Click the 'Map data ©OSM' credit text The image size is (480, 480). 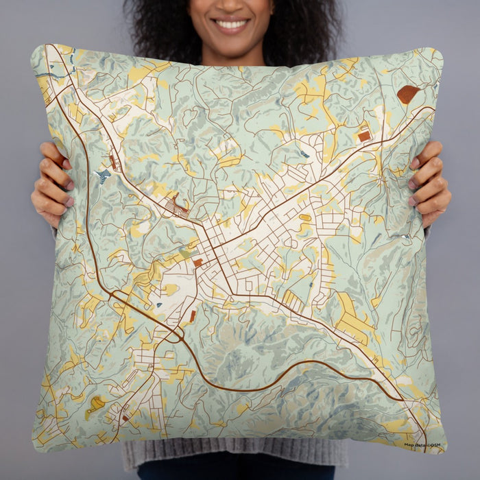[x=423, y=445]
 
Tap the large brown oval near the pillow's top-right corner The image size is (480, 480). [x=407, y=94]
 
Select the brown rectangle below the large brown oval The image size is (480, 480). [x=364, y=136]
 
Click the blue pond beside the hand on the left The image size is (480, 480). [x=104, y=176]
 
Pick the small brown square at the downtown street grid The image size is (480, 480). [x=197, y=262]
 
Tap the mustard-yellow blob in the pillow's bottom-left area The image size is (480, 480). [x=96, y=405]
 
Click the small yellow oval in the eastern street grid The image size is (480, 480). [x=304, y=218]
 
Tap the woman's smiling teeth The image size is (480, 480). [x=231, y=24]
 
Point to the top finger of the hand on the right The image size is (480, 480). [x=429, y=149]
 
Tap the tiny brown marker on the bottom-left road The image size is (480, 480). [x=125, y=418]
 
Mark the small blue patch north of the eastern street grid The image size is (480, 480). [x=303, y=154]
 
